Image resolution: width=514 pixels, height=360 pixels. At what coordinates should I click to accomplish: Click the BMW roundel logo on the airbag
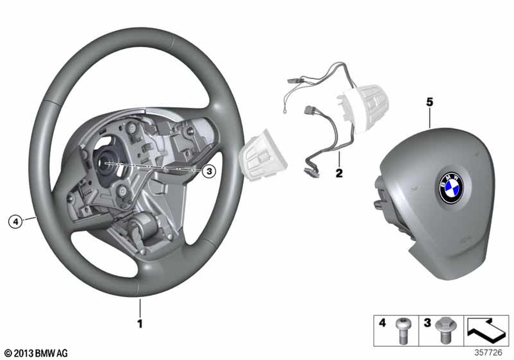click(451, 188)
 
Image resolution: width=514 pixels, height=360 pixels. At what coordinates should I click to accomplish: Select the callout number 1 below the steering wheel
click(140, 324)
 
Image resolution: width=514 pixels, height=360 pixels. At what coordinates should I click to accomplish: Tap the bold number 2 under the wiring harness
click(339, 173)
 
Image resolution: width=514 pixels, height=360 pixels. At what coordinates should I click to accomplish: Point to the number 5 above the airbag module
click(429, 102)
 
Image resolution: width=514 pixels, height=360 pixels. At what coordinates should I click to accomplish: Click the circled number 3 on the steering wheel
click(209, 171)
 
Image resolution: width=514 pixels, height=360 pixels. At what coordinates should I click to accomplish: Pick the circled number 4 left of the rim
click(15, 222)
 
